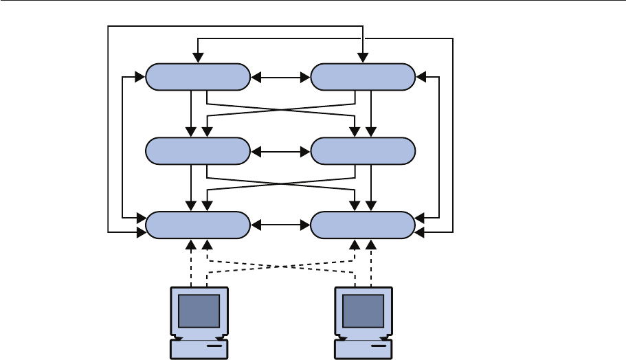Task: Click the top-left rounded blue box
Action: click(x=197, y=77)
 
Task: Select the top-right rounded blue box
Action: click(x=363, y=77)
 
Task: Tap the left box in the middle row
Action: click(x=198, y=151)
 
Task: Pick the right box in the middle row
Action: click(x=363, y=151)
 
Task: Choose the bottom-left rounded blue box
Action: click(x=198, y=225)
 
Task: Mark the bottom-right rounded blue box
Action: click(x=363, y=225)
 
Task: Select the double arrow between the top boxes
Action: click(x=280, y=77)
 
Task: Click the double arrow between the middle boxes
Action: click(x=280, y=151)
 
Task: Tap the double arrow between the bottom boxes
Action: click(x=280, y=225)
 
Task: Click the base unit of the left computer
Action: click(x=199, y=348)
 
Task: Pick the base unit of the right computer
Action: click(x=364, y=348)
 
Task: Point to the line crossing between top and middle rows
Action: click(x=280, y=110)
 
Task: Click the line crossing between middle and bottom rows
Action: click(x=280, y=184)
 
